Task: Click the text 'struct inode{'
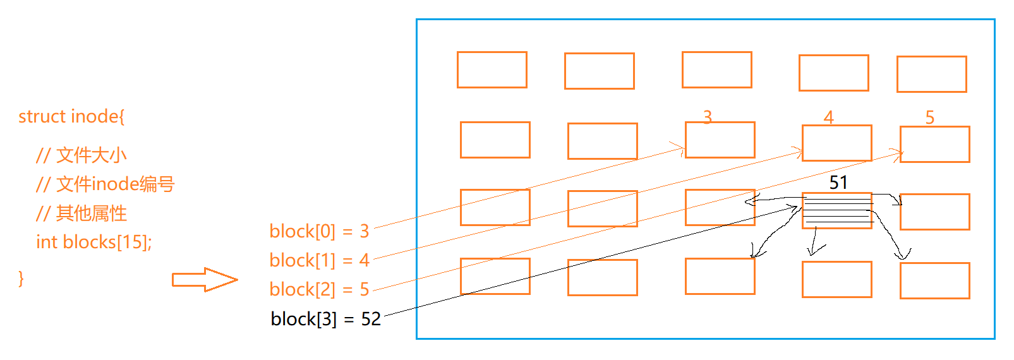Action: (71, 116)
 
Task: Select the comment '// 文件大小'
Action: (81, 155)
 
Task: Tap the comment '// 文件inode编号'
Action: (105, 184)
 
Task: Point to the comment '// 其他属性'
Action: (81, 213)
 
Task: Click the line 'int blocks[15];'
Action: (94, 242)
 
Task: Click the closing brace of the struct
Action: (21, 278)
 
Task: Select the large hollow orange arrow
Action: (204, 280)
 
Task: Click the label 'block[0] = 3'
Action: (319, 231)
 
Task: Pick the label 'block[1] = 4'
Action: (319, 260)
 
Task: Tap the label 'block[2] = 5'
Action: (319, 289)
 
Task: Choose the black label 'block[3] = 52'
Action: (325, 319)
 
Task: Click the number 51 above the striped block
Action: (838, 183)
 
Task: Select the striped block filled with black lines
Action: (837, 210)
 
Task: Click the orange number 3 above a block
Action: (708, 117)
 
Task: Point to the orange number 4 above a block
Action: (829, 117)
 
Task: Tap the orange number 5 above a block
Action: (930, 117)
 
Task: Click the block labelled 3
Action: (720, 140)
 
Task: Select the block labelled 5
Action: (935, 145)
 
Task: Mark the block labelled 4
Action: (837, 143)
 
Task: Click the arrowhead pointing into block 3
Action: (681, 149)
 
